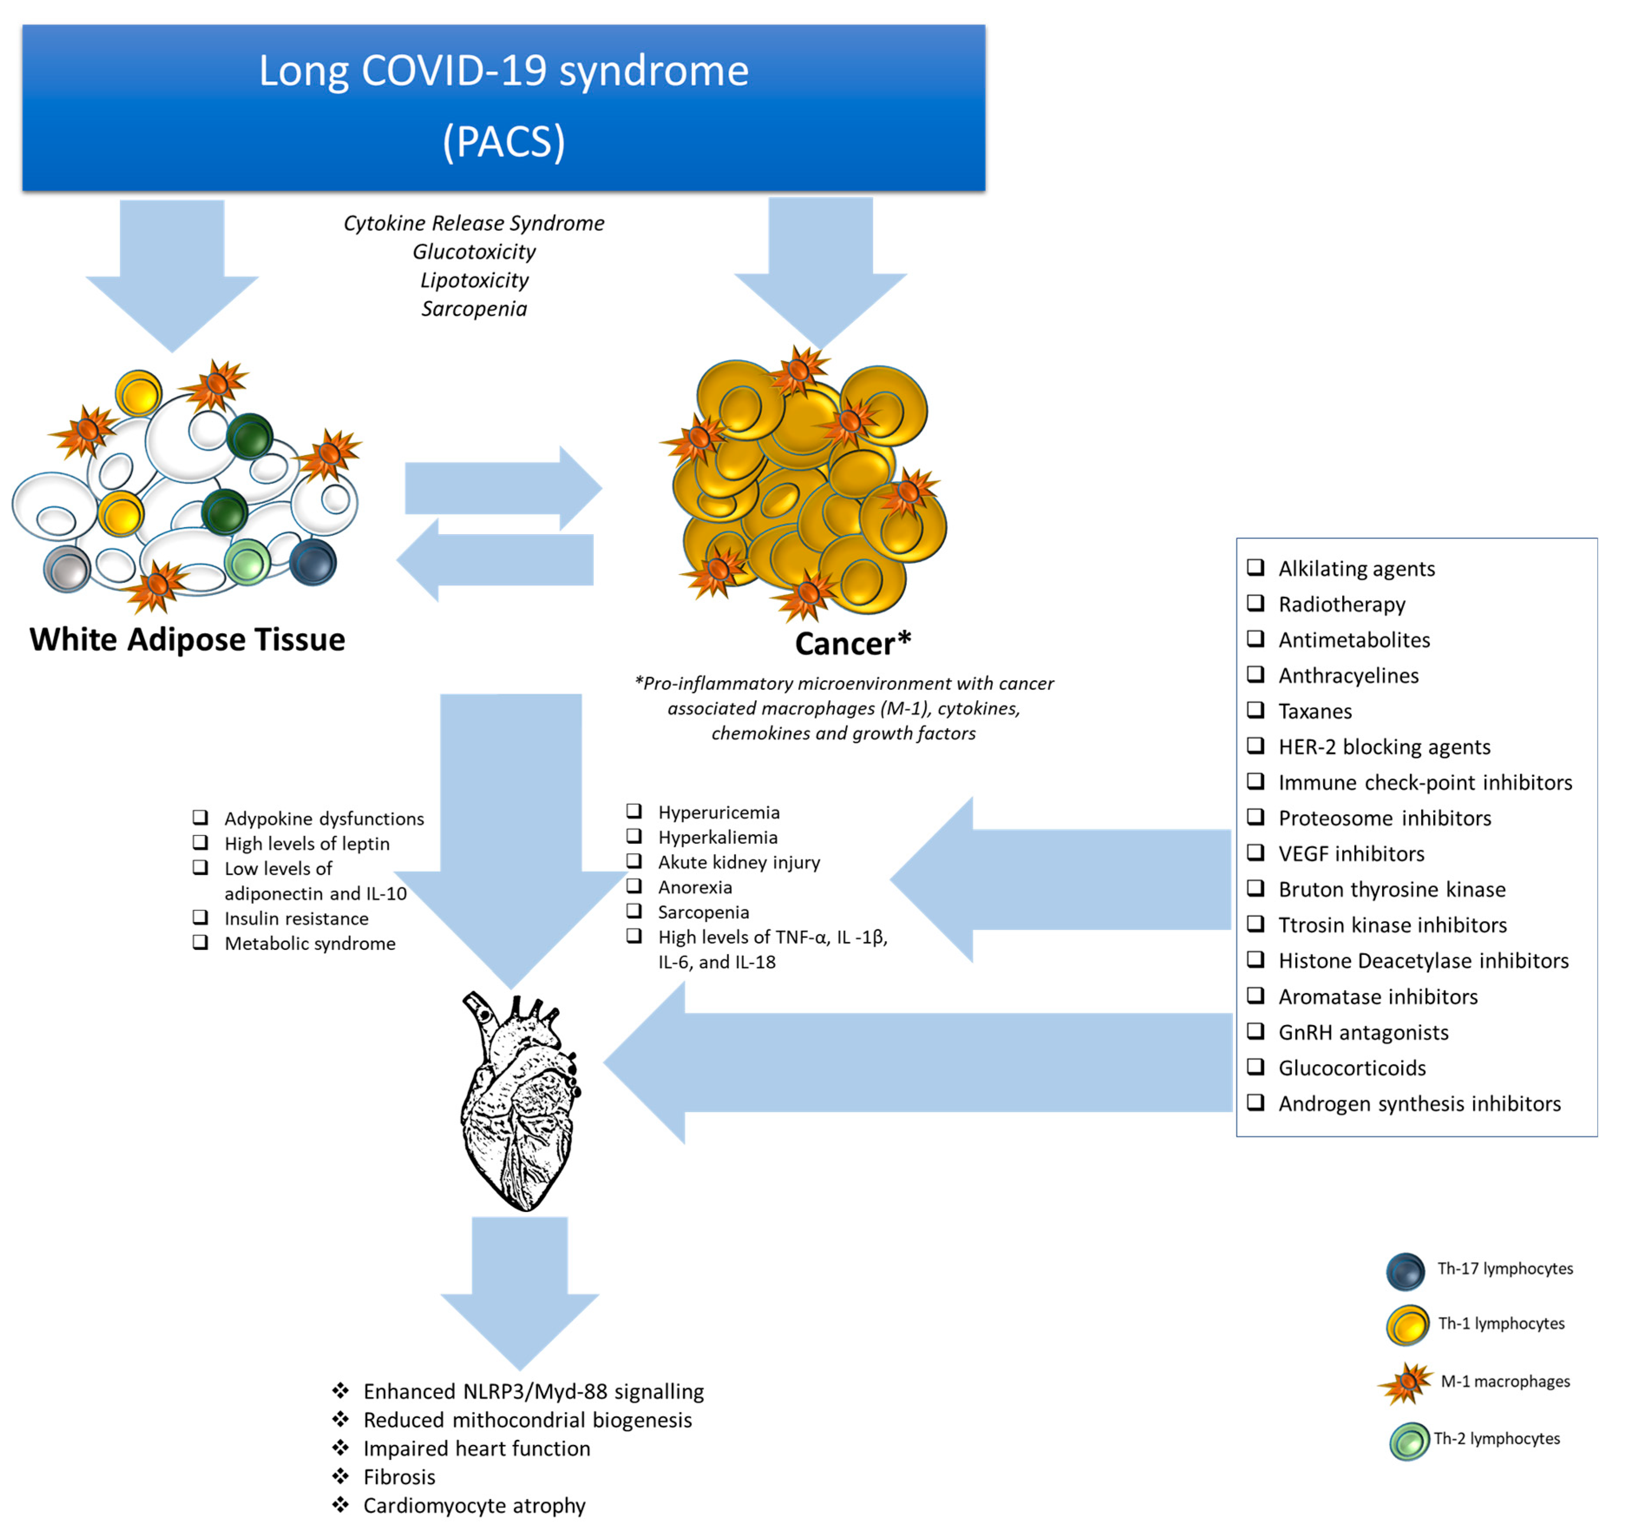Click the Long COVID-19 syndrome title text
(504, 71)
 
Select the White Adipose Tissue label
(187, 640)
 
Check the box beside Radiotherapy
(1256, 603)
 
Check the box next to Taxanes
(1256, 710)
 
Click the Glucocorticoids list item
(1352, 1068)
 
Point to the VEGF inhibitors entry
(1351, 853)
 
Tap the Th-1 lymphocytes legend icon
(1407, 1325)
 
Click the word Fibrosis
(399, 1477)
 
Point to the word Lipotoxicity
(474, 280)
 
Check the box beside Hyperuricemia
(634, 811)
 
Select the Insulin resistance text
(296, 918)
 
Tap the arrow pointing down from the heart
(519, 1293)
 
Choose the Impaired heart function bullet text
(477, 1448)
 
